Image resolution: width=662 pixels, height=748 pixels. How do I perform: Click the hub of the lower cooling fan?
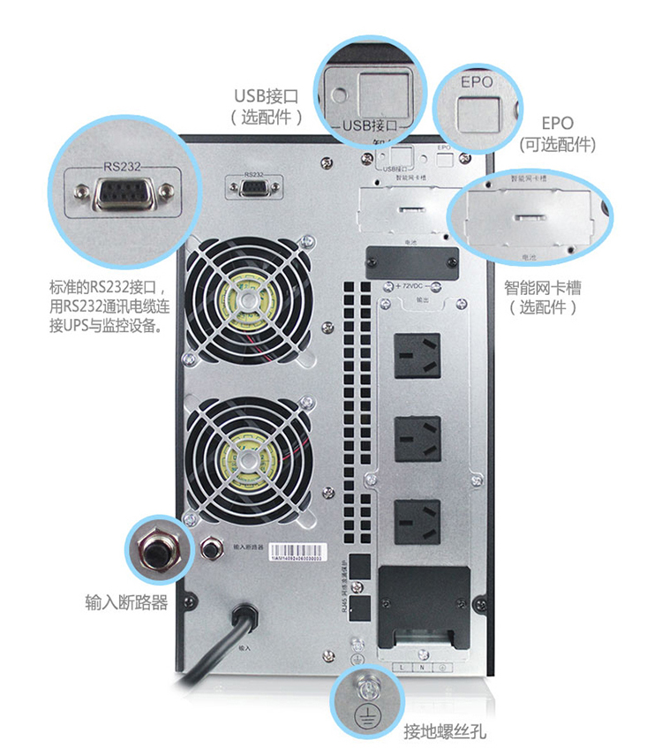point(248,459)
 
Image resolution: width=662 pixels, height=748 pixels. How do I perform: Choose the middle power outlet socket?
point(417,434)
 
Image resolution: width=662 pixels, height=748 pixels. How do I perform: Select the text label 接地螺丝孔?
point(445,731)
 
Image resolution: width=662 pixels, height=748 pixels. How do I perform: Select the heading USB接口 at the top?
point(267,95)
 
